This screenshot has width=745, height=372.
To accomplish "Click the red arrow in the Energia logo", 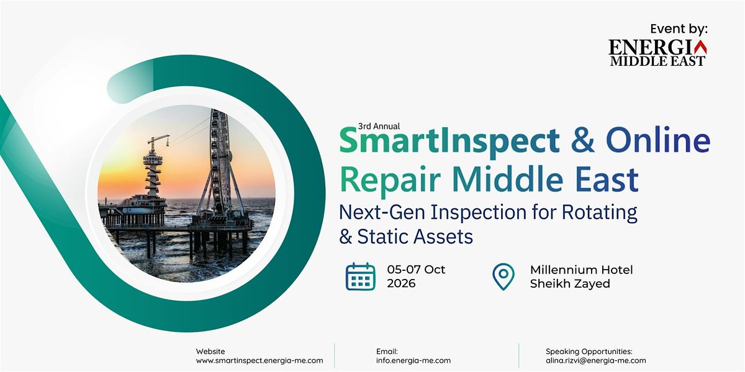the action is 700,47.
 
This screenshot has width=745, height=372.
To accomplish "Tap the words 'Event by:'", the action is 679,29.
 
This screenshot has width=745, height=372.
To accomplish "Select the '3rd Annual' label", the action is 379,126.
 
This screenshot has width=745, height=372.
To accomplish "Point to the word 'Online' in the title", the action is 658,139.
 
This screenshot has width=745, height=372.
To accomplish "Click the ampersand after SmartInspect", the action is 583,140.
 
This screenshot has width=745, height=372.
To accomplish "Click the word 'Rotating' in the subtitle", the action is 599,213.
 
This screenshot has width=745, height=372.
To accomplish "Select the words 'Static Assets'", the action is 415,237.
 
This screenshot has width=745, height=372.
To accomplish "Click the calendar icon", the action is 361,277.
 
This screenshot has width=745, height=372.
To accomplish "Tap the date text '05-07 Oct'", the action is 416,269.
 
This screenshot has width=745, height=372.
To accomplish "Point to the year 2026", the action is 401,283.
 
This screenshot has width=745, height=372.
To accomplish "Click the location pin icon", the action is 503,277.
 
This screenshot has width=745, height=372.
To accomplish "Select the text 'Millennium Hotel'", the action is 581,270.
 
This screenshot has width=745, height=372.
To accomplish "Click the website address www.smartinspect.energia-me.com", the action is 260,360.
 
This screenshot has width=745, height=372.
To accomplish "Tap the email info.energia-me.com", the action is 413,360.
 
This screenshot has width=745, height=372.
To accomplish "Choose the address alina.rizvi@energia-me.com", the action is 595,360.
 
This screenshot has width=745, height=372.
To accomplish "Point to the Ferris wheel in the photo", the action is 220,162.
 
